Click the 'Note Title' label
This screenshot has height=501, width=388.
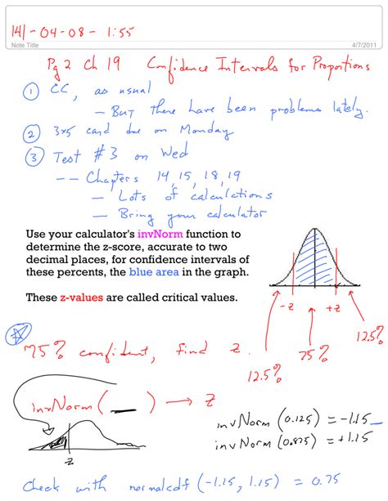25,46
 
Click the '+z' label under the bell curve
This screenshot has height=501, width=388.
333,307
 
